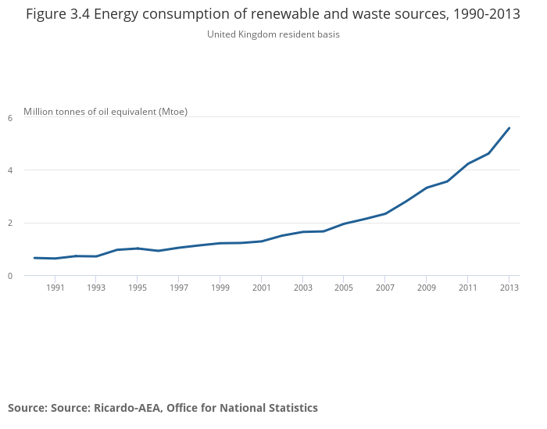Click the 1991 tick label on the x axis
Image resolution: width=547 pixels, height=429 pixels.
point(55,288)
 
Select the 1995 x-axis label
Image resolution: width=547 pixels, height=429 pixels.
point(137,288)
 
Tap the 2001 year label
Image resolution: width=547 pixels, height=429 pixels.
point(261,288)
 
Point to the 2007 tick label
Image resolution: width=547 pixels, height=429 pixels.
point(385,288)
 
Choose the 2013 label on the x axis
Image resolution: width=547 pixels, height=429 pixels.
point(509,288)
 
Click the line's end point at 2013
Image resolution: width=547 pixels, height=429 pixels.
point(509,128)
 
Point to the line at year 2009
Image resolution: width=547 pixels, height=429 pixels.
point(427,188)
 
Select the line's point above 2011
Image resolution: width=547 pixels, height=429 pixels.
point(467,163)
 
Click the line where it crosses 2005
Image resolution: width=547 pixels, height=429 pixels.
point(344,223)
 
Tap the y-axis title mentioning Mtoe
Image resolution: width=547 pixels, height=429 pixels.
point(105,112)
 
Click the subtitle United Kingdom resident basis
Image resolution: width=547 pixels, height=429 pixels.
point(273,34)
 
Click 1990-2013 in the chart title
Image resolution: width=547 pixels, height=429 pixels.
point(486,15)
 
